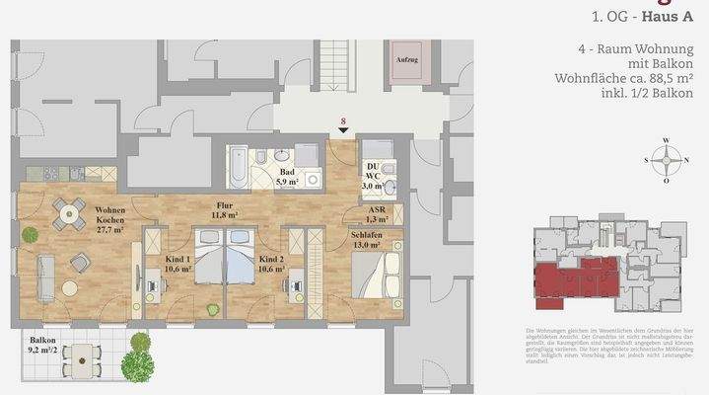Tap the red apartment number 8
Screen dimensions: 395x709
click(x=342, y=122)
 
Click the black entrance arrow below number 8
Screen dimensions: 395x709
click(x=342, y=133)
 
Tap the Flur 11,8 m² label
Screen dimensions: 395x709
click(x=225, y=210)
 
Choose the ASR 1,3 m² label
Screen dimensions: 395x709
click(x=376, y=216)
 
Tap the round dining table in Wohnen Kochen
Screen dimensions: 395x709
click(x=67, y=210)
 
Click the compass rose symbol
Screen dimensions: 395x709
click(x=668, y=159)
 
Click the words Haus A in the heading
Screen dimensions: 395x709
click(x=670, y=16)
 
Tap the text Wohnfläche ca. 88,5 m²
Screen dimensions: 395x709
click(x=638, y=78)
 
